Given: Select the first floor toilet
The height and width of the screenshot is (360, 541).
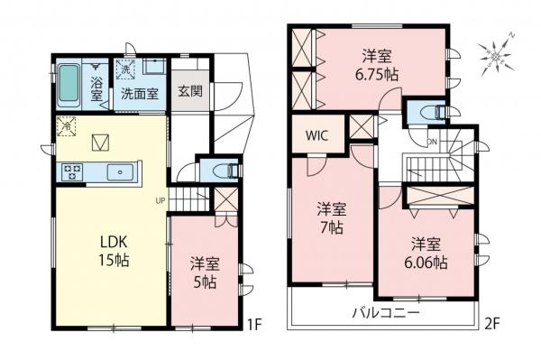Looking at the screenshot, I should (223, 170).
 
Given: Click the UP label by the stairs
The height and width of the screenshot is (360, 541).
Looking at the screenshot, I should (160, 200).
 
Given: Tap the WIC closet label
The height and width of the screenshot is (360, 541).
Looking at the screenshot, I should (316, 137).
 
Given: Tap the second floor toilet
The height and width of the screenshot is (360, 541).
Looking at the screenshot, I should (428, 113).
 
